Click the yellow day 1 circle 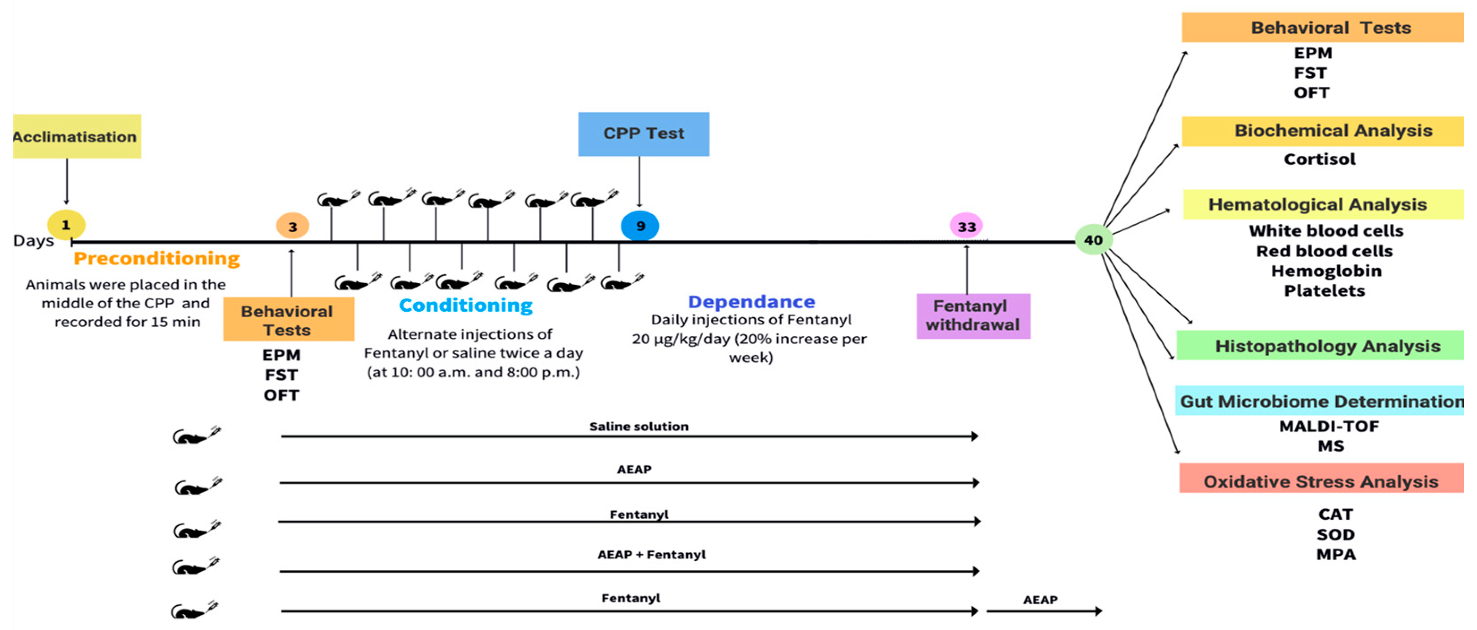point(66,225)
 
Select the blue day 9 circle point(640,226)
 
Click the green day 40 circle point(1093,240)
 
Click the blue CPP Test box point(643,134)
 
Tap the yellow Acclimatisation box point(77,136)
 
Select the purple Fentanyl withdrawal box point(973,315)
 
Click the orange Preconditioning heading point(157,258)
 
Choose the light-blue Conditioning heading point(466,305)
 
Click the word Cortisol point(1319,159)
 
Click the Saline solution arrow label point(639,426)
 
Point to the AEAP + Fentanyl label point(652,555)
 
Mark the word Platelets point(1324,291)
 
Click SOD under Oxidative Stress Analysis point(1335,535)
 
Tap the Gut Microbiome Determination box point(1320,401)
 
